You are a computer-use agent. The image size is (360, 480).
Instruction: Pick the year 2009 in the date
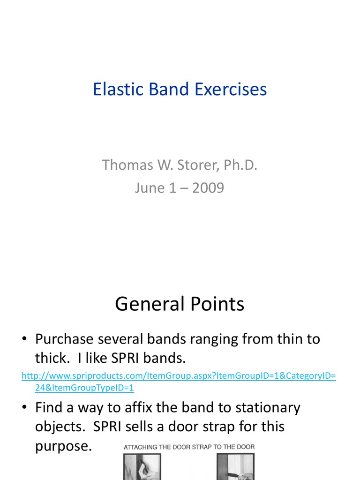tap(208, 188)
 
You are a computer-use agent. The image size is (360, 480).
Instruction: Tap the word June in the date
tap(150, 188)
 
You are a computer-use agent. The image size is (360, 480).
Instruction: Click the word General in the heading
tap(149, 304)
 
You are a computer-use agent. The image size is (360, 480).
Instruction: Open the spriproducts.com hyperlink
tap(179, 376)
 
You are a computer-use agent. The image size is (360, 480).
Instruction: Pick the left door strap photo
tap(142, 467)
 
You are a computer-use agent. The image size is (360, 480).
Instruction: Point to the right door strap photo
tap(235, 467)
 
